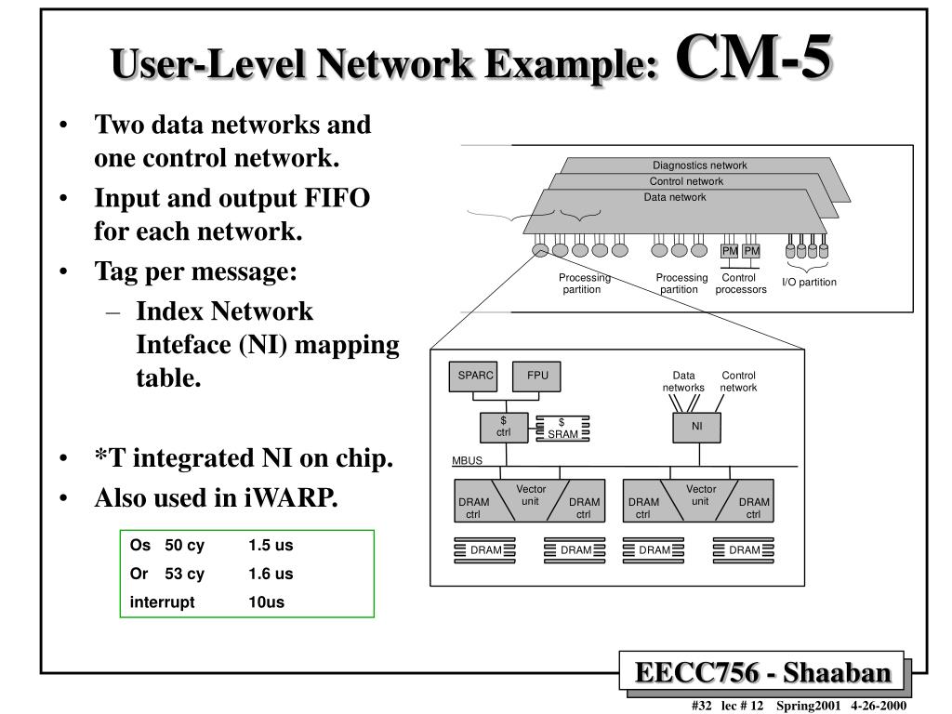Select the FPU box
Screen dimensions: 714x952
click(x=537, y=377)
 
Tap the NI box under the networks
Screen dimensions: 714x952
click(x=696, y=427)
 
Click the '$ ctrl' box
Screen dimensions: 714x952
click(x=503, y=427)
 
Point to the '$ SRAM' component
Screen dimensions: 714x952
click(x=562, y=429)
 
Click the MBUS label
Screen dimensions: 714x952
click(x=468, y=461)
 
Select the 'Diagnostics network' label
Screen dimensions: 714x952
click(x=699, y=165)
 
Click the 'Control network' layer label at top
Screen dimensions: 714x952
click(x=686, y=181)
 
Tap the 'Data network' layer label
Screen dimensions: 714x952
click(x=675, y=197)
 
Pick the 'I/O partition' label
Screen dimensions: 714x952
click(x=809, y=283)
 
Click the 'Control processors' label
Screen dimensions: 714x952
click(x=741, y=284)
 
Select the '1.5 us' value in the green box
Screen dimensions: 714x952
click(x=271, y=546)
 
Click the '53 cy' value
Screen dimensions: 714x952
click(x=185, y=574)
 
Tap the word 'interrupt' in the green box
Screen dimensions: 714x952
click(x=163, y=602)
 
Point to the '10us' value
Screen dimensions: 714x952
click(x=266, y=602)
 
